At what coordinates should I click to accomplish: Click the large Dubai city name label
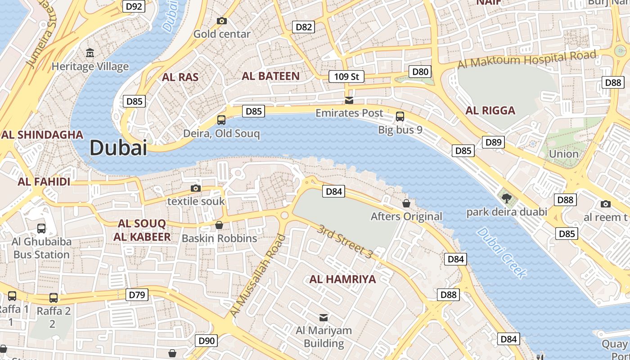click(118, 148)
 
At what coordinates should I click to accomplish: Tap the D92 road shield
click(134, 6)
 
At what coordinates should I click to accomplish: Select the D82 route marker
click(304, 27)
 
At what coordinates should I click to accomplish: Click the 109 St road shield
click(346, 76)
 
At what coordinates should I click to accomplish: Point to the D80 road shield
click(420, 72)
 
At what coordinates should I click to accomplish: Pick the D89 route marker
click(493, 142)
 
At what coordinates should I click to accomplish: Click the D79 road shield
click(137, 295)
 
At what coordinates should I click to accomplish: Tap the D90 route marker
click(207, 341)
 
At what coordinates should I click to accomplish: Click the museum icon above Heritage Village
click(90, 53)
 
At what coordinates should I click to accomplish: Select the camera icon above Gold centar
click(221, 21)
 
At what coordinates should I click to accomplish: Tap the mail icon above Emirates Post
click(349, 100)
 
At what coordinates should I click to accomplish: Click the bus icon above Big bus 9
click(400, 117)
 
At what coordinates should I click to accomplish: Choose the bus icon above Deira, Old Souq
click(221, 120)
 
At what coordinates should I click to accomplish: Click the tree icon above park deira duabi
click(507, 198)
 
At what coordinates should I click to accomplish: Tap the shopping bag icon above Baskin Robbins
click(219, 225)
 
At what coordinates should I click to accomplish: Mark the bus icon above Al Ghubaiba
click(41, 228)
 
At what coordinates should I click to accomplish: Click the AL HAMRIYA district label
click(342, 279)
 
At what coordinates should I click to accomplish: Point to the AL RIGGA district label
click(490, 111)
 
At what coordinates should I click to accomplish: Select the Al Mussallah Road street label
click(258, 275)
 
